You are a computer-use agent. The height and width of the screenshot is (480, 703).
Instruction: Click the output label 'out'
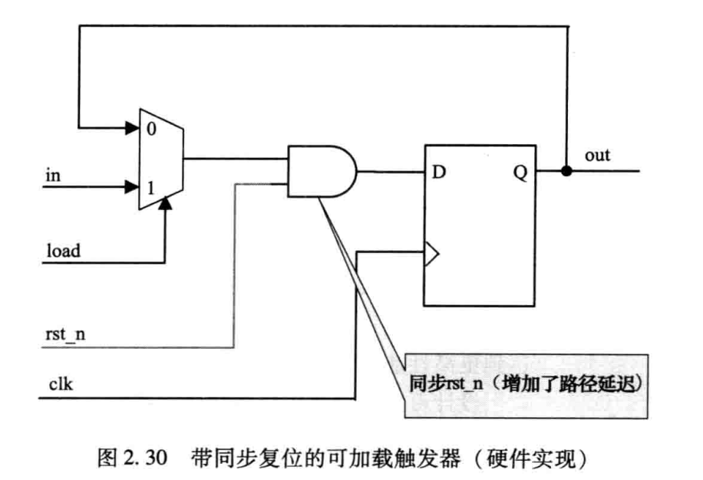tap(597, 156)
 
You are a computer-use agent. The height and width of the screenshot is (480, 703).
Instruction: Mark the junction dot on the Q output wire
tap(566, 170)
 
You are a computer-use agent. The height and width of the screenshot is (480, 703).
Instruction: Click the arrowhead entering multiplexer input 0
tap(130, 127)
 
